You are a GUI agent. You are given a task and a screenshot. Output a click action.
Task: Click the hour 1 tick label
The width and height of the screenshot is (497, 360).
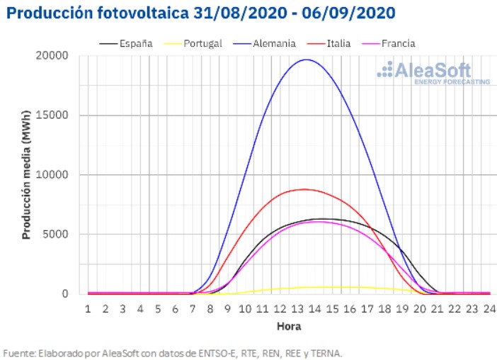88,308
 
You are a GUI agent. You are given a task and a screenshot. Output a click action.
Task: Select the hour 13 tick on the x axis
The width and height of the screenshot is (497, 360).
297,308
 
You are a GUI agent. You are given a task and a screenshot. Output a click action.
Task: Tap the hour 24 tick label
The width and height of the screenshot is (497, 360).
489,308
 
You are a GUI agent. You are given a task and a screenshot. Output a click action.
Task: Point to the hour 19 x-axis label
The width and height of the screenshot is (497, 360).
401,308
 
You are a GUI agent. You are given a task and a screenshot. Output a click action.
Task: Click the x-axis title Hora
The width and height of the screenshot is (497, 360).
288,327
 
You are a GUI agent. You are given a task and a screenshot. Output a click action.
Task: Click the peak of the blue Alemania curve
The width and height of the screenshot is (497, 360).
306,60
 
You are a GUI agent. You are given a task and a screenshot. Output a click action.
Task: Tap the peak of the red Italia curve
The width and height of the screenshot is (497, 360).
304,189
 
